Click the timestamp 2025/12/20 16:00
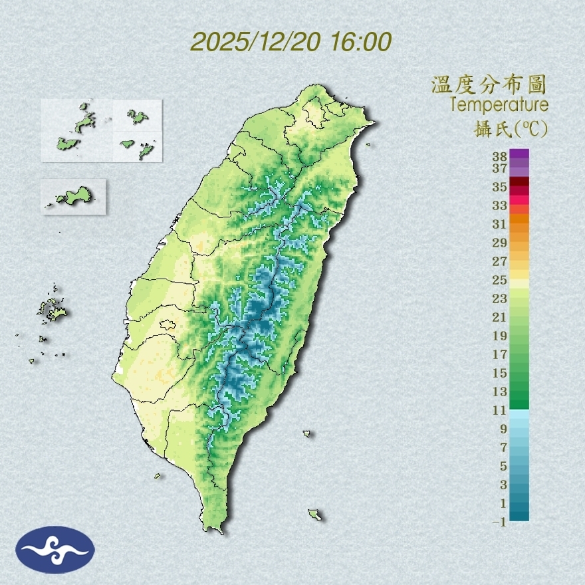point(291,42)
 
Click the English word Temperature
point(499,105)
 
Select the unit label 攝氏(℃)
point(507,128)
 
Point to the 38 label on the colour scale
point(500,157)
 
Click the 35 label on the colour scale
point(500,187)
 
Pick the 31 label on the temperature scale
point(500,224)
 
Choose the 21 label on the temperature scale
point(500,317)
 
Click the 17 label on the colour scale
point(500,354)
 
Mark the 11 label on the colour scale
point(500,410)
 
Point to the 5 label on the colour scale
point(503,466)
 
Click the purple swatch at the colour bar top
point(519,154)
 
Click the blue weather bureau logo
point(55,549)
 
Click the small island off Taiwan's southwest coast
point(158,476)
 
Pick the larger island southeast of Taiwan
point(315,515)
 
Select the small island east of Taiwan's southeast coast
point(307,434)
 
